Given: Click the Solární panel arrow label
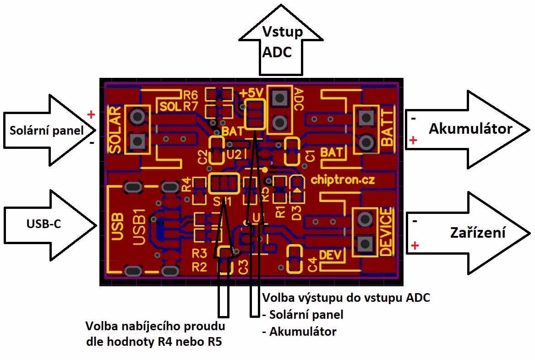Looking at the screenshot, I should point(47,131).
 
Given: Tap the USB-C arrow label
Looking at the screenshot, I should point(44,224).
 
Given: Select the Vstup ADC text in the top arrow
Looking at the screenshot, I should point(281,42).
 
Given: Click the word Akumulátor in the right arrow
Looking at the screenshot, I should point(470,129).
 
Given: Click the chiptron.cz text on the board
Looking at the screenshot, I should point(343,180).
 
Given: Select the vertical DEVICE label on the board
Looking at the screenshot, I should point(386,231).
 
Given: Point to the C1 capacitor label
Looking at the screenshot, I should point(310,156).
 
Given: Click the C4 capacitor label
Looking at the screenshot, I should point(312,264).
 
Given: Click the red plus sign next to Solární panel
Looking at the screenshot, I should point(91,115).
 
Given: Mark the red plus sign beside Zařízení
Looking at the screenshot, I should point(415,246).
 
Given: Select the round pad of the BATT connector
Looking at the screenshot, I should point(366,142).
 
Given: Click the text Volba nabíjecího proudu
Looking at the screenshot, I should point(156,327).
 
